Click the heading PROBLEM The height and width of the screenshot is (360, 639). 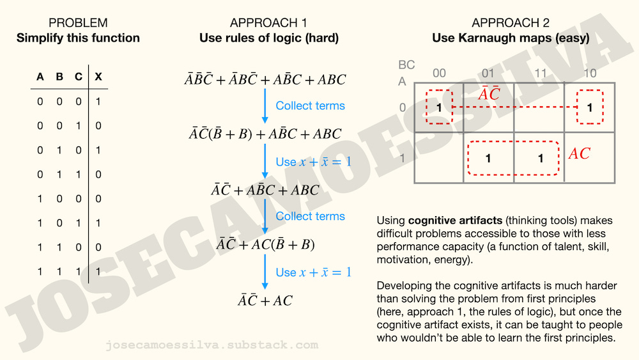(78, 24)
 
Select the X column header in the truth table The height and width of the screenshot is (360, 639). (98, 77)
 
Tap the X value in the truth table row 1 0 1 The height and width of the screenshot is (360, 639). (98, 223)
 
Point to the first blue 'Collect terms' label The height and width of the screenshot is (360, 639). (310, 106)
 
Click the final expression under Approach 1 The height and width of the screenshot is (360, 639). (265, 301)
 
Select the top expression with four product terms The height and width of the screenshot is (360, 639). (265, 80)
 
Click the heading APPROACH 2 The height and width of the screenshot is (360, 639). (511, 24)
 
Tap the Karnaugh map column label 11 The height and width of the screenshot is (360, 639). (541, 73)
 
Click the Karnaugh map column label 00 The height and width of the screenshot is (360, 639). (439, 73)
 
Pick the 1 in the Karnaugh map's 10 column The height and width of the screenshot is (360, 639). (589, 107)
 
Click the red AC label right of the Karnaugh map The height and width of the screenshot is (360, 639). (579, 154)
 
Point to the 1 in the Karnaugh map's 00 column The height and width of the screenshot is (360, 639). (439, 107)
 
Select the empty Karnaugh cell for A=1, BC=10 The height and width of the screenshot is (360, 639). (589, 157)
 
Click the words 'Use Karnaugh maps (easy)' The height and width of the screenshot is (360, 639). (511, 38)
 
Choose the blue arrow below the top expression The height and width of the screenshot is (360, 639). (265, 106)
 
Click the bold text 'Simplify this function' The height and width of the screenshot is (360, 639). (78, 38)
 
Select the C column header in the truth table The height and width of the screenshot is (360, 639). (79, 77)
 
